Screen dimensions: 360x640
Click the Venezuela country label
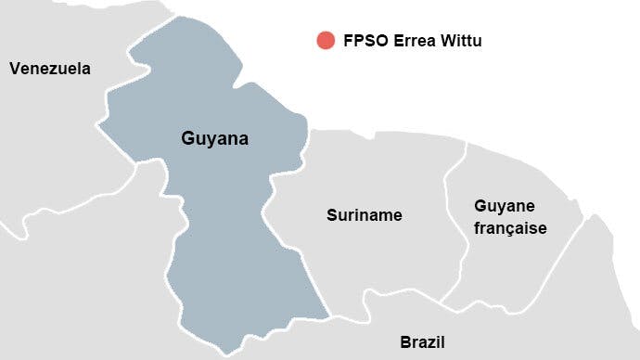50,68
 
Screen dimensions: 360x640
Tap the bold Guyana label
214,139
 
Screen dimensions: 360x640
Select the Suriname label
365,215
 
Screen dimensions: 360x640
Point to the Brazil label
423,341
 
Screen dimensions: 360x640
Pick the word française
510,227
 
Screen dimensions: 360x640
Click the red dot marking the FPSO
325,40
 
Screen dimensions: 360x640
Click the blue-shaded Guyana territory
223,241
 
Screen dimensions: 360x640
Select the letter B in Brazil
405,341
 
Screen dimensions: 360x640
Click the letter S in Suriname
332,215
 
